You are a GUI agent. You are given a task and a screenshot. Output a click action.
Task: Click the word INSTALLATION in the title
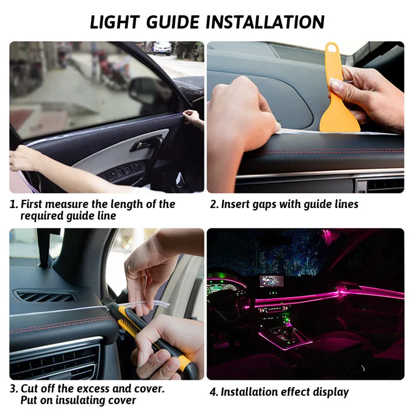[x=265, y=22]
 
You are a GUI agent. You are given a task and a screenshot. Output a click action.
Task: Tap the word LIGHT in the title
[x=115, y=22]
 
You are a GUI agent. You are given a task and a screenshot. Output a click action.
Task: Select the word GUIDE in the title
[x=173, y=22]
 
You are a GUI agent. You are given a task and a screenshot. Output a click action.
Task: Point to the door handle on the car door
[x=146, y=144]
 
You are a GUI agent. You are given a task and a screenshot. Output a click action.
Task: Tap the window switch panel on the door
[x=123, y=172]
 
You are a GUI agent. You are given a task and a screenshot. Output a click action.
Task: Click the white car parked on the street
[x=162, y=48]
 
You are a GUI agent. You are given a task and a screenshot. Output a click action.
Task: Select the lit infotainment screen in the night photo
[x=272, y=280]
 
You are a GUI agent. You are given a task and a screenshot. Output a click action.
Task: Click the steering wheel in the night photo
[x=227, y=304]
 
